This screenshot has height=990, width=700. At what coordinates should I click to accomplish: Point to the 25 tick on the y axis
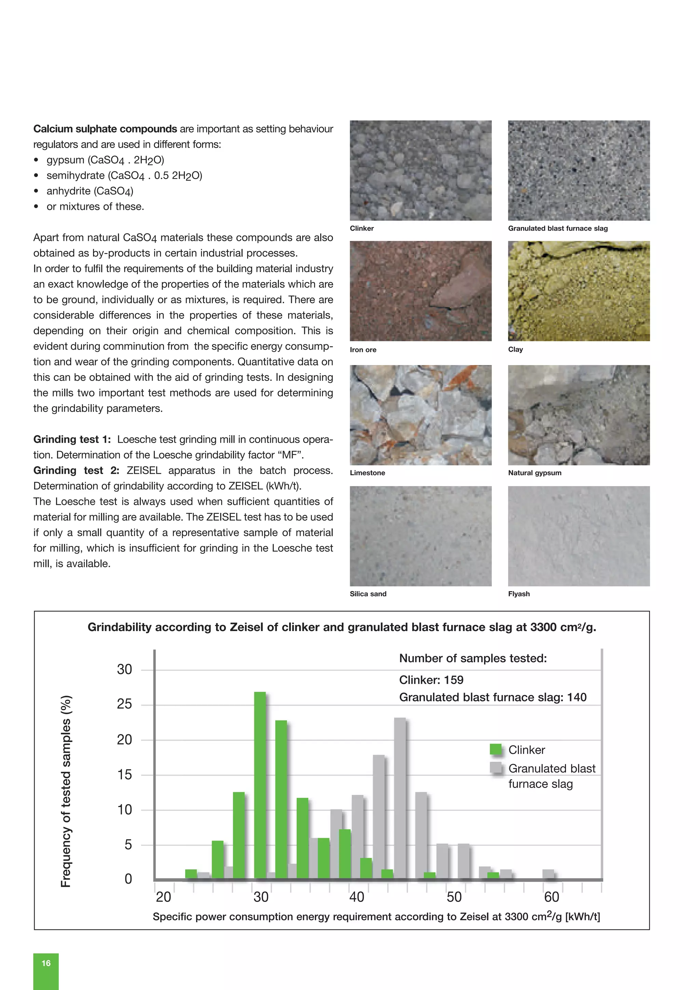[124, 705]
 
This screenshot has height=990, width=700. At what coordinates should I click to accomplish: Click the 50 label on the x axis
[454, 897]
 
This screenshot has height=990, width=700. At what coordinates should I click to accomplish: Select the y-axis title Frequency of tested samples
[66, 791]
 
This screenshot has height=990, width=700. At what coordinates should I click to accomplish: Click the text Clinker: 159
[431, 680]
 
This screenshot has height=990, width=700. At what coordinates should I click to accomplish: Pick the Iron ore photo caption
[363, 350]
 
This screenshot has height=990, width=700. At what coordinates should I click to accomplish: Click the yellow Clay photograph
[578, 291]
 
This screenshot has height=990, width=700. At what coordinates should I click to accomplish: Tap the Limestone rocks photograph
[420, 415]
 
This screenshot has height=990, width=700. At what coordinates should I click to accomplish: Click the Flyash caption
[519, 594]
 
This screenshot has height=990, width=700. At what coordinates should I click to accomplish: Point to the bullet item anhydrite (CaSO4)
[90, 191]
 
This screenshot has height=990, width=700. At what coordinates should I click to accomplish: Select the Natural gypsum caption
[535, 472]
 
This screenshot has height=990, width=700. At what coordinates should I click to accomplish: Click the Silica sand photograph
[420, 536]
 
